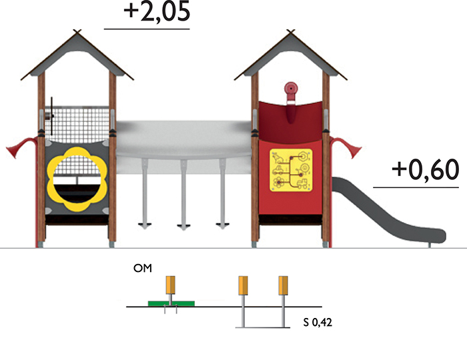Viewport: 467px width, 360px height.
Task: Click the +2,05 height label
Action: tap(157, 11)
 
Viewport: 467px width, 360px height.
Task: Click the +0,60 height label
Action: tap(426, 170)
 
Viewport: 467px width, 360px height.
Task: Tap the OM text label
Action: tap(143, 269)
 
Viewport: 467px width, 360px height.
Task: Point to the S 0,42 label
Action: tap(318, 323)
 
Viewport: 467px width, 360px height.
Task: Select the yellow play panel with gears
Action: tap(291, 170)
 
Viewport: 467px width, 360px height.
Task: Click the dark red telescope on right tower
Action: tap(291, 102)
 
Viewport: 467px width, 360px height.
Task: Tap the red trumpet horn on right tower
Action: tap(346, 147)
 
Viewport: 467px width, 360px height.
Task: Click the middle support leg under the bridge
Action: tap(183, 193)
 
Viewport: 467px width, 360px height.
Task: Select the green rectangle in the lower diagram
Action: tap(171, 303)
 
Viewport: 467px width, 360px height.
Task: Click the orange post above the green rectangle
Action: tap(170, 285)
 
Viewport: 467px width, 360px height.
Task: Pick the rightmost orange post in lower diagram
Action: tap(284, 285)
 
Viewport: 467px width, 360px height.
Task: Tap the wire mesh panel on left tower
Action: tap(77, 124)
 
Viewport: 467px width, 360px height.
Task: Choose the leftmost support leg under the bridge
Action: tap(145, 193)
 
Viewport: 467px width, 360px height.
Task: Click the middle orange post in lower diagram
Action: tap(243, 285)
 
